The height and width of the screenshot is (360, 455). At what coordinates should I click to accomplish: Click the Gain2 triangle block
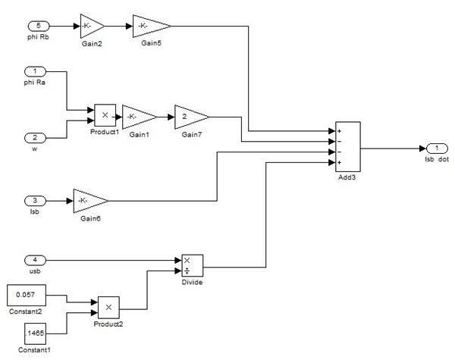92,27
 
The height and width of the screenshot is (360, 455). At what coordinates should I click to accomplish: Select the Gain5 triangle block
150,27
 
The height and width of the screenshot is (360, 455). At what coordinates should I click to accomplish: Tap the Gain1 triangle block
137,117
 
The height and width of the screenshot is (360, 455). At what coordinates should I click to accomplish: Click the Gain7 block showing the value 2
190,117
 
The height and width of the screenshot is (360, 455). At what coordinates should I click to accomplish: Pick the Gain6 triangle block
89,201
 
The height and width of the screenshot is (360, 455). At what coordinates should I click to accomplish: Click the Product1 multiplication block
105,115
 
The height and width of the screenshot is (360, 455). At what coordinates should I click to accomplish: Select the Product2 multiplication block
109,308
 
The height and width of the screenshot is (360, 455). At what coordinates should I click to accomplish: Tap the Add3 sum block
349,146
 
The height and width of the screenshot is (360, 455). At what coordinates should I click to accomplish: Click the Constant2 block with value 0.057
26,296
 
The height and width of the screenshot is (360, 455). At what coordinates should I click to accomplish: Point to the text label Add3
348,175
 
